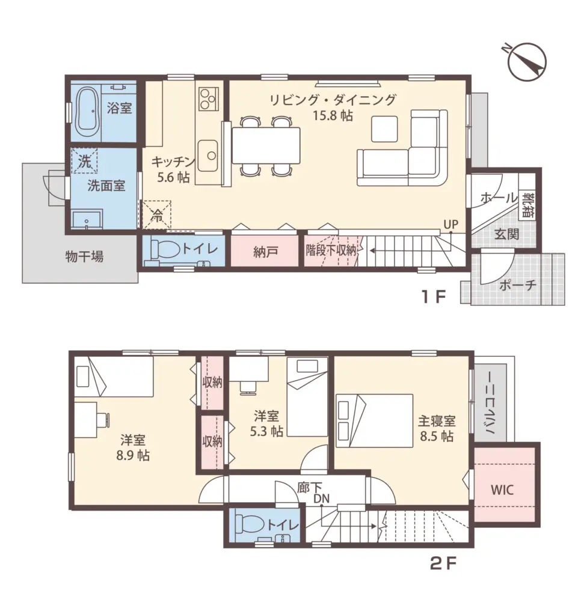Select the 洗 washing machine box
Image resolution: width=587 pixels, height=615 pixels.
coord(84,161)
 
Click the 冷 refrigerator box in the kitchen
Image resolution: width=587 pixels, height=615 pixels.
coord(157,214)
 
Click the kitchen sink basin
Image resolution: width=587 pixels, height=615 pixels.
coord(207,156)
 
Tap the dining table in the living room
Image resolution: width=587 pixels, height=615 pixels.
coord(266,145)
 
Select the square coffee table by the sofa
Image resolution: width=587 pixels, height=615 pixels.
coord(385,129)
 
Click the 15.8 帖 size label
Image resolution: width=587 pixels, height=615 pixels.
coord(333,116)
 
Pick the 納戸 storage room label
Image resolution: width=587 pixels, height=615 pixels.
coord(266,252)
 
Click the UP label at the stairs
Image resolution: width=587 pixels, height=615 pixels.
coord(450,225)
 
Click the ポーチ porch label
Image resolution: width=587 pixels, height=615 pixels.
coord(517,285)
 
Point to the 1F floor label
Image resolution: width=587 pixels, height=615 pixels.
coord(434,297)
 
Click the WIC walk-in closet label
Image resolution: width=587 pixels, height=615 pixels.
coord(502,490)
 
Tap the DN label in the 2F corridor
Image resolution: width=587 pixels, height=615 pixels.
coord(321,498)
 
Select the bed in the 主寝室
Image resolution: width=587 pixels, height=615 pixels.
coord(375,421)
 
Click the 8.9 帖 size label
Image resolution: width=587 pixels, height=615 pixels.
coord(133,456)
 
